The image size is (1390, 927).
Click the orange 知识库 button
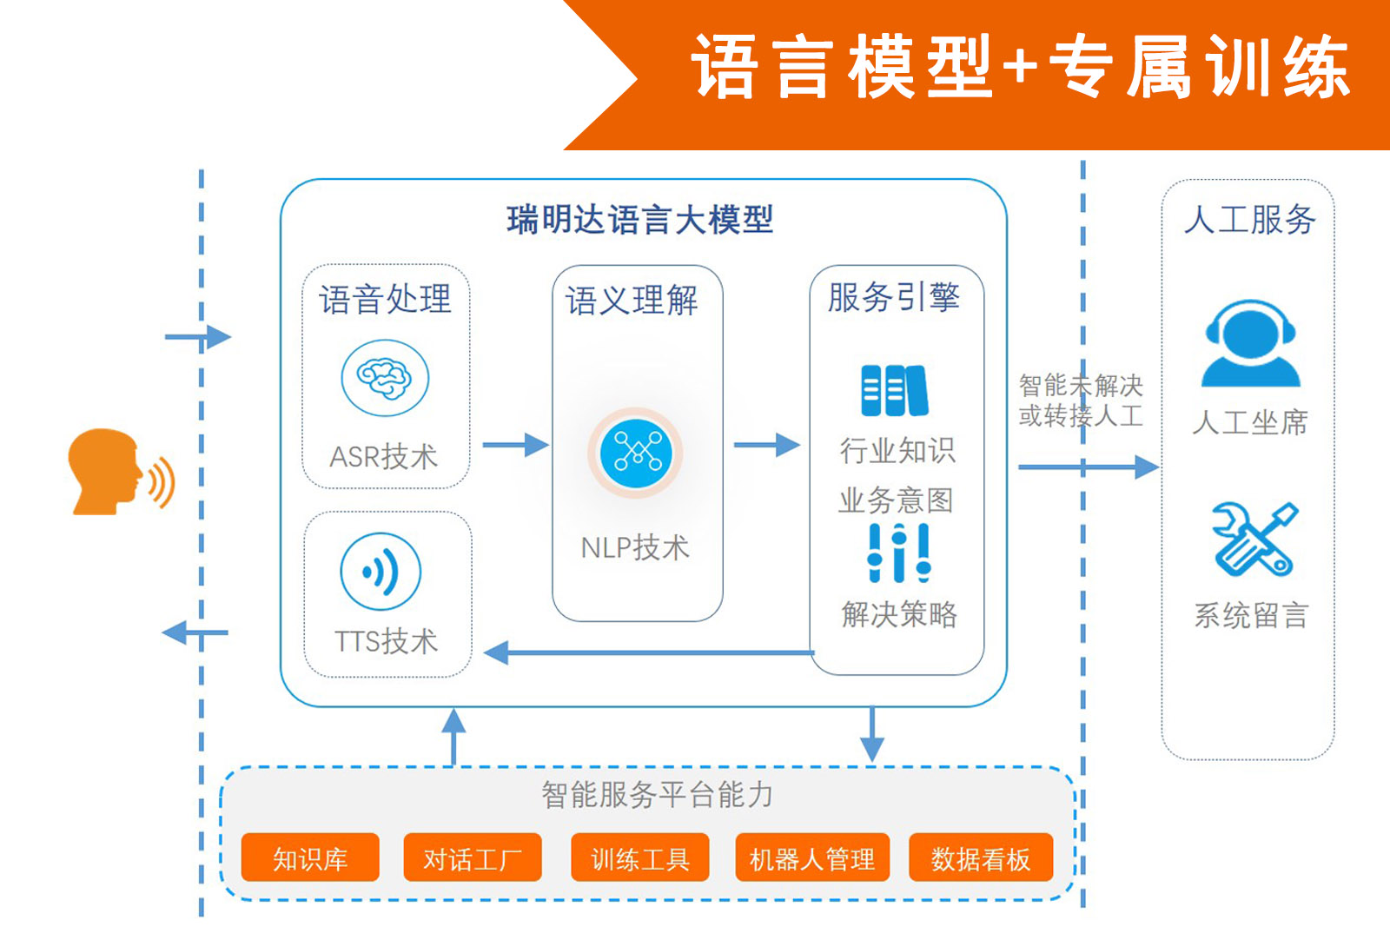click(309, 857)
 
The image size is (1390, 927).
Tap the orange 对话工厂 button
click(473, 857)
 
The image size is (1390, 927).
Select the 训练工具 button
click(639, 857)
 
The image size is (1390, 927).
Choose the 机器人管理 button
click(812, 857)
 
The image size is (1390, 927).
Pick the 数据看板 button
click(981, 857)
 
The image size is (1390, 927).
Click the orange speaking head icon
click(122, 472)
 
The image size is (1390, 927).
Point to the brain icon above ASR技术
click(385, 378)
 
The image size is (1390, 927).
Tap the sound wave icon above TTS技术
click(381, 572)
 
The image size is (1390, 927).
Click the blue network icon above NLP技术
click(635, 453)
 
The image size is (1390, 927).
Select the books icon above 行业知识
click(894, 390)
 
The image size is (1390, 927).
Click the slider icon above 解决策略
click(899, 553)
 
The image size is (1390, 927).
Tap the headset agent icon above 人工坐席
click(1250, 344)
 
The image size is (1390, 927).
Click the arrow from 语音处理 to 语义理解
click(516, 445)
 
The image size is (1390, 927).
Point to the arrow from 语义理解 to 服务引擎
click(767, 445)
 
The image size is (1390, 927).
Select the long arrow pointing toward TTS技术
click(648, 652)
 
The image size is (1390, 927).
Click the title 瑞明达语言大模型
click(639, 220)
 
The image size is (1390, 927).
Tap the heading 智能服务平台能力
click(657, 795)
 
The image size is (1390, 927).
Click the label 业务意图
click(896, 500)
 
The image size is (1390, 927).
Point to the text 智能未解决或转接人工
click(1081, 401)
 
